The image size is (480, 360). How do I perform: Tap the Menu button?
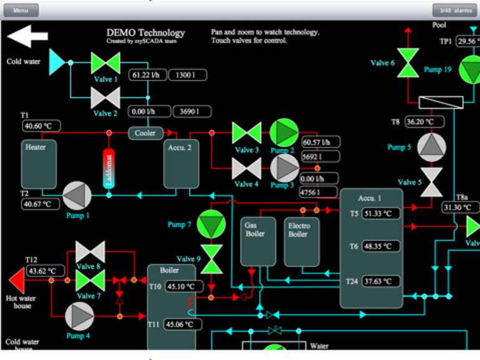tap(21, 11)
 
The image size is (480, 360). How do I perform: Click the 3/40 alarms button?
tap(455, 11)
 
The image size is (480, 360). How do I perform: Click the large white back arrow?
tap(27, 36)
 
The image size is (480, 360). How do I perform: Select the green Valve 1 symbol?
tap(105, 63)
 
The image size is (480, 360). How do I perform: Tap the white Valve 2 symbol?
tap(105, 98)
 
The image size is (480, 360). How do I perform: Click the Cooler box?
tap(146, 133)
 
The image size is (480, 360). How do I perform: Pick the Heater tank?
tap(39, 164)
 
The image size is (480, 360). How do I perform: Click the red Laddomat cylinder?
tap(109, 168)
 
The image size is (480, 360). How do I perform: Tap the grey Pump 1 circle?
tap(77, 196)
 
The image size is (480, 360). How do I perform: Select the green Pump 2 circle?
tap(284, 133)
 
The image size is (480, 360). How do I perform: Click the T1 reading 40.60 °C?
tap(42, 126)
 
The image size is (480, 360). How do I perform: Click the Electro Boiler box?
tap(302, 241)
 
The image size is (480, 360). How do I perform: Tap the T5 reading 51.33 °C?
tap(382, 214)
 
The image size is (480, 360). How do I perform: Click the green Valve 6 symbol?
tap(408, 63)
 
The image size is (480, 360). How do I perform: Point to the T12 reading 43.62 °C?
tap(46, 271)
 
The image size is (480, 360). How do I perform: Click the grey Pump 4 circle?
tap(79, 316)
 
